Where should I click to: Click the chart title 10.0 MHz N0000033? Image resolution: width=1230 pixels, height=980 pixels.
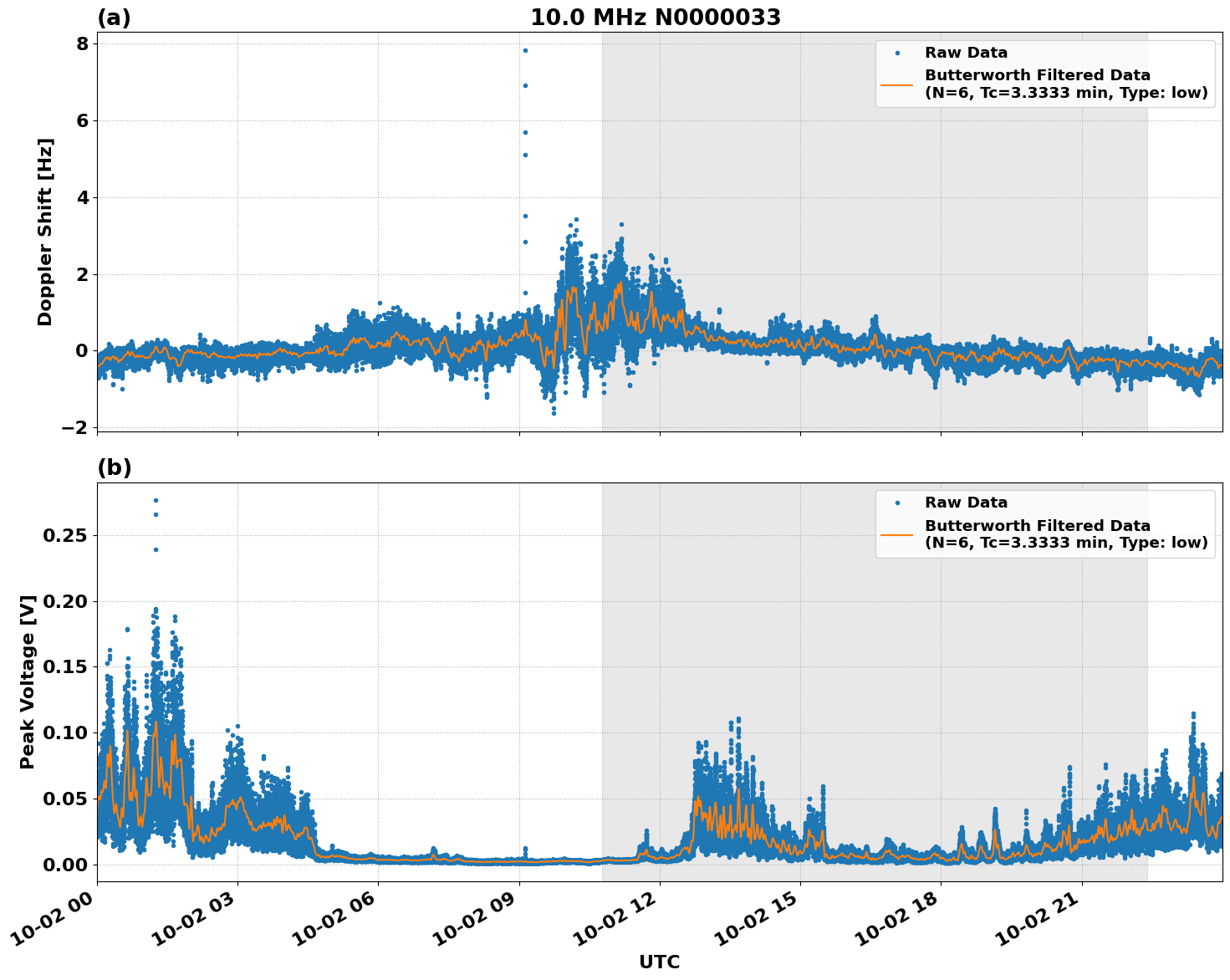click(656, 18)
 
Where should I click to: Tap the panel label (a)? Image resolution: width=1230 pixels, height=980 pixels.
click(114, 18)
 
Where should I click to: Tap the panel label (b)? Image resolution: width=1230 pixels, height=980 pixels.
click(114, 468)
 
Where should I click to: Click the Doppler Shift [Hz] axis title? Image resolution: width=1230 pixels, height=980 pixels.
click(45, 232)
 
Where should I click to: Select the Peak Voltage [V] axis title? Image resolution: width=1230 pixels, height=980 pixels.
click(28, 681)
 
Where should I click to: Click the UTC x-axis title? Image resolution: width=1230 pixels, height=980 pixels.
click(659, 962)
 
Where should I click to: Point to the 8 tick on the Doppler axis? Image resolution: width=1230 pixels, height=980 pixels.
click(82, 43)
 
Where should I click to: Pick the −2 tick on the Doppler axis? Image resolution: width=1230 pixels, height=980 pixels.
click(75, 427)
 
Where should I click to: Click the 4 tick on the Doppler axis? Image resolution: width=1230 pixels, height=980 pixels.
click(82, 197)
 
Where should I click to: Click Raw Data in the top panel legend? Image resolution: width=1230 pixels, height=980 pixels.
click(966, 54)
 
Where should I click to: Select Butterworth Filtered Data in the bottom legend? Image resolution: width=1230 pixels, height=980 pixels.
click(1037, 526)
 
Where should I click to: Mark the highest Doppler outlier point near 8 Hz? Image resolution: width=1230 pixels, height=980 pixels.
click(525, 50)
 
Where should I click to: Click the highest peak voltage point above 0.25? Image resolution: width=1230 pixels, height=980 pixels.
click(156, 500)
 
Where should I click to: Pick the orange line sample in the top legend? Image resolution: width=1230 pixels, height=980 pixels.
click(897, 84)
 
